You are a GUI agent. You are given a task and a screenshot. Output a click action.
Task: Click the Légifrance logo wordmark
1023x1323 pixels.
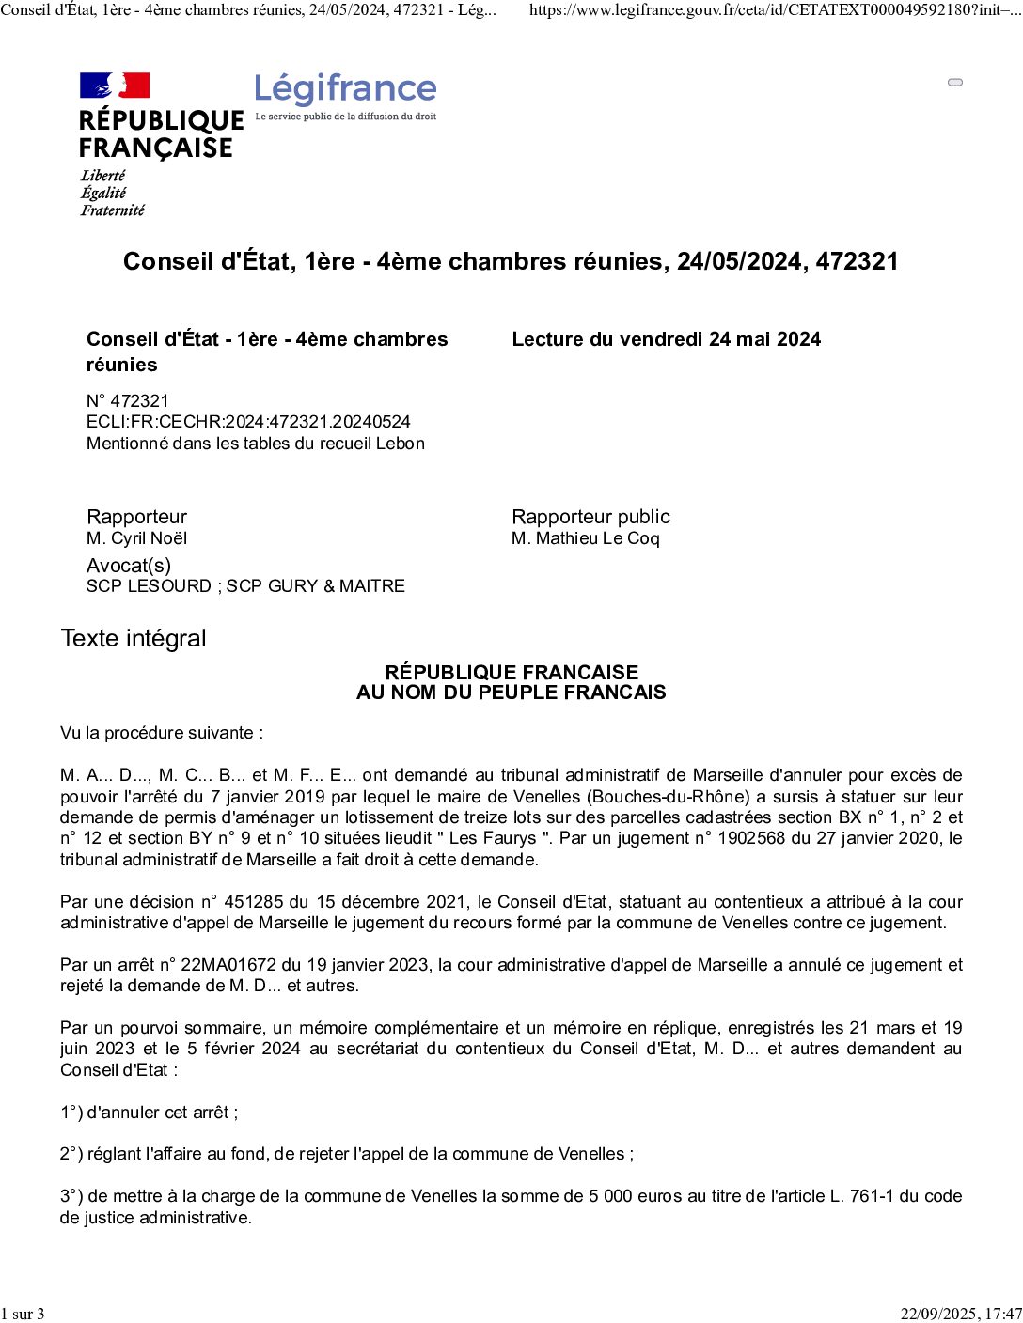tap(345, 89)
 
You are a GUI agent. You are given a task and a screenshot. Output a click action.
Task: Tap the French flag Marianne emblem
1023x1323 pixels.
tap(115, 86)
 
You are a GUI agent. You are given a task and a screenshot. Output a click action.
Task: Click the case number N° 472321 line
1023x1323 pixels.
tap(128, 401)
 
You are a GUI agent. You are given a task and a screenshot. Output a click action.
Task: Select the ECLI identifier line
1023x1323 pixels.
tap(248, 422)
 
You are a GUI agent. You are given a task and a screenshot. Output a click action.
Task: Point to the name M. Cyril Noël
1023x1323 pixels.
tap(136, 538)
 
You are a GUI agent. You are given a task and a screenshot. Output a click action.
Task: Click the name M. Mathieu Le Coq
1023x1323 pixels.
tap(586, 538)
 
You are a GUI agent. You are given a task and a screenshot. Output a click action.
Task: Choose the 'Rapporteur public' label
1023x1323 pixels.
tap(590, 517)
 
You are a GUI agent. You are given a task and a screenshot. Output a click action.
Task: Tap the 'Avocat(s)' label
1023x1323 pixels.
tap(129, 566)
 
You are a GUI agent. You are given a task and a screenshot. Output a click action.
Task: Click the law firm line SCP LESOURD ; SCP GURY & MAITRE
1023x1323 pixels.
tap(245, 586)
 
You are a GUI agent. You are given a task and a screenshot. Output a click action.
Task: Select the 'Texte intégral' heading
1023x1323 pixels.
tap(134, 639)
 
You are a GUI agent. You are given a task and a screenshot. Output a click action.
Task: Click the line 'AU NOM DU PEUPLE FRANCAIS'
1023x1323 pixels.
tap(511, 693)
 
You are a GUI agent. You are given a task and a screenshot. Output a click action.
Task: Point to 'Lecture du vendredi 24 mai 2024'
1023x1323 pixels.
tap(666, 339)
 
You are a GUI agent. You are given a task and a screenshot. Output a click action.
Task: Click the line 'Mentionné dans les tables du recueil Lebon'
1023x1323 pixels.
tap(256, 444)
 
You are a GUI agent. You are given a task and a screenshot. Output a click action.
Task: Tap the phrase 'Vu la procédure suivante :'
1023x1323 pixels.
tap(162, 733)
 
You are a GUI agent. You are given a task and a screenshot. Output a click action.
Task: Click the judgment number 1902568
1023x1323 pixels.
tap(751, 838)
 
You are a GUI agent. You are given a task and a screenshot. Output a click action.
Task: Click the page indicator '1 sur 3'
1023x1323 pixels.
tap(23, 1314)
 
